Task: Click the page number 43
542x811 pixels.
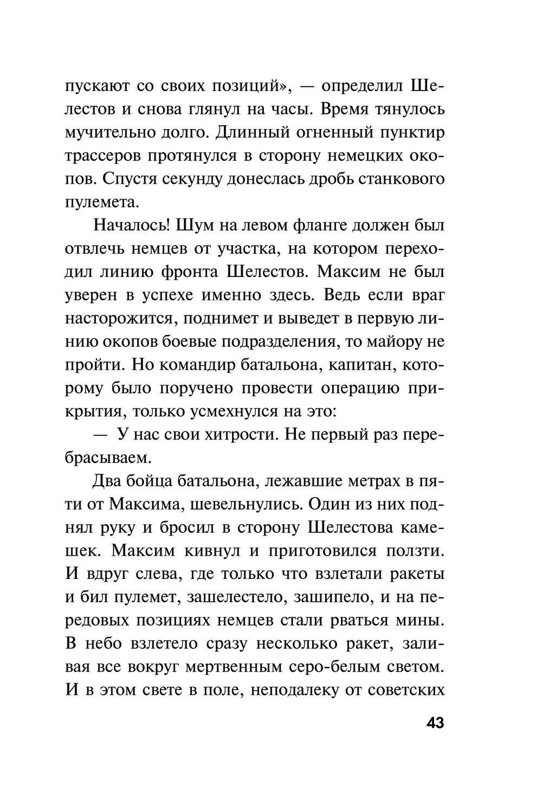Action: click(435, 723)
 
